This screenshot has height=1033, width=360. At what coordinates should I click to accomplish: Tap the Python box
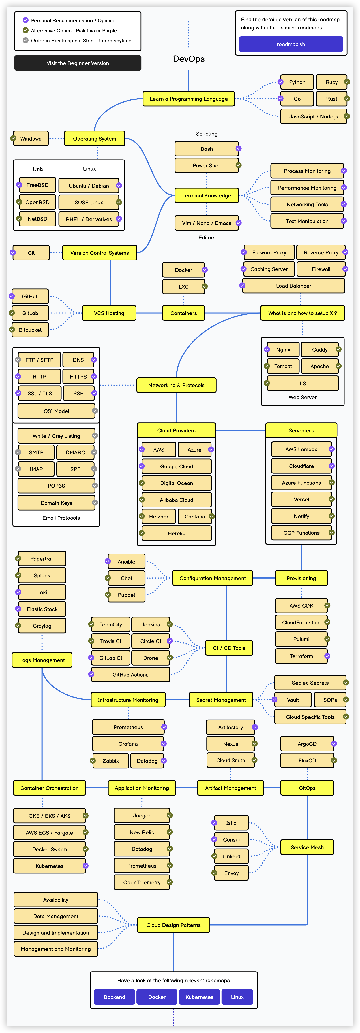pyautogui.click(x=297, y=82)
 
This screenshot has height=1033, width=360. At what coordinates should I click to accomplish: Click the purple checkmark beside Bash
pyautogui.click(x=239, y=148)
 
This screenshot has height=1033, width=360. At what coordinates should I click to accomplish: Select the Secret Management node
pyautogui.click(x=221, y=700)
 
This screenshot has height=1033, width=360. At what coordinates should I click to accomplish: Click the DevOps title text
pyautogui.click(x=189, y=59)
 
